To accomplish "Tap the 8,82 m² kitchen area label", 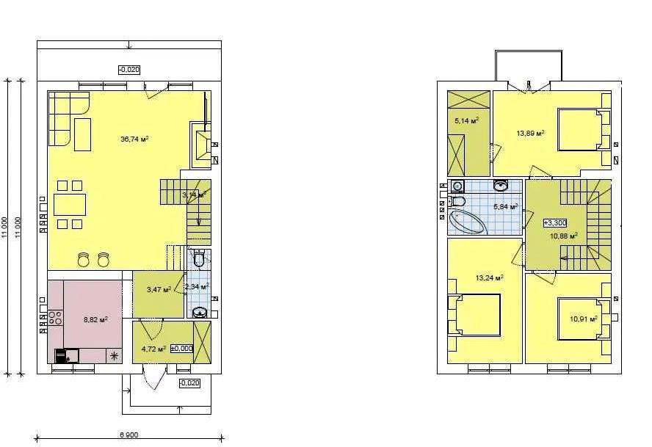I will pyautogui.click(x=95, y=319).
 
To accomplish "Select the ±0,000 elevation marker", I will pyautogui.click(x=181, y=349).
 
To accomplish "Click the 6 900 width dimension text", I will pyautogui.click(x=128, y=435).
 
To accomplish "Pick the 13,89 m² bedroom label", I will pyautogui.click(x=530, y=134).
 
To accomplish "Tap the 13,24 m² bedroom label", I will pyautogui.click(x=489, y=278).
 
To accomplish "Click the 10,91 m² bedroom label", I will pyautogui.click(x=584, y=319).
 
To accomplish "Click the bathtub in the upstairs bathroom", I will pyautogui.click(x=466, y=222).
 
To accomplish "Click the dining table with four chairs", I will pyautogui.click(x=70, y=203).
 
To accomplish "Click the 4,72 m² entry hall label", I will pyautogui.click(x=153, y=349).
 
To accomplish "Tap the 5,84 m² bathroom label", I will pyautogui.click(x=506, y=207).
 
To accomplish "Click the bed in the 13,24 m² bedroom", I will pyautogui.click(x=478, y=313).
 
